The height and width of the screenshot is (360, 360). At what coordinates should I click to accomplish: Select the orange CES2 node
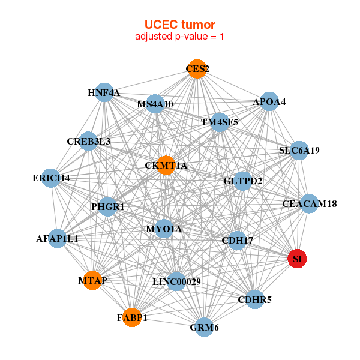click(x=197, y=69)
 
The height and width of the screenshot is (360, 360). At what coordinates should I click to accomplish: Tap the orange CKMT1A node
click(x=166, y=165)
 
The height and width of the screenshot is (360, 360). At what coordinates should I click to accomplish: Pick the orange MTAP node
click(x=92, y=280)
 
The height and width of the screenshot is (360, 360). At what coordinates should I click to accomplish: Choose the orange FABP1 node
click(x=132, y=317)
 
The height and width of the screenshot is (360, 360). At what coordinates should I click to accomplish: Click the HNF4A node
click(x=104, y=92)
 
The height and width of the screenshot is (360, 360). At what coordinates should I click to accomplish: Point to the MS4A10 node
click(x=155, y=104)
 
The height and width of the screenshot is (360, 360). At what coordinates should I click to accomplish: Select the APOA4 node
click(x=269, y=101)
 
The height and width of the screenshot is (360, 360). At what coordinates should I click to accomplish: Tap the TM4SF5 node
click(x=220, y=122)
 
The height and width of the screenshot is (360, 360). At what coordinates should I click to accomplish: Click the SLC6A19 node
click(x=299, y=150)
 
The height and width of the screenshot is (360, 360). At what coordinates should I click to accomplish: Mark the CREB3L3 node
click(x=88, y=141)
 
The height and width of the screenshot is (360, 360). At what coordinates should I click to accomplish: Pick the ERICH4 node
click(x=52, y=178)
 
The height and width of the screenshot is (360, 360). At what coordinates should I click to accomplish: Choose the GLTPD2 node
click(x=242, y=181)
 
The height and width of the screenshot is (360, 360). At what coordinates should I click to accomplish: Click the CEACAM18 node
click(x=309, y=204)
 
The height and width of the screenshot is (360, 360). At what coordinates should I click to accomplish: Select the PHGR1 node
click(x=108, y=207)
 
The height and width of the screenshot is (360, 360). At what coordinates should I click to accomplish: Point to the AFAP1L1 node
click(x=58, y=238)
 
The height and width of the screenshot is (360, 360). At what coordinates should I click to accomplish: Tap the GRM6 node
click(x=205, y=327)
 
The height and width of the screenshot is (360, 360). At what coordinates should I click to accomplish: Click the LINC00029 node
click(x=176, y=281)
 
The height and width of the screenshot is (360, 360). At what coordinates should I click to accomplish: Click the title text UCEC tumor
click(x=179, y=24)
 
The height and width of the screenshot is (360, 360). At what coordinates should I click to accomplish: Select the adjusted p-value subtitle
click(x=179, y=37)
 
